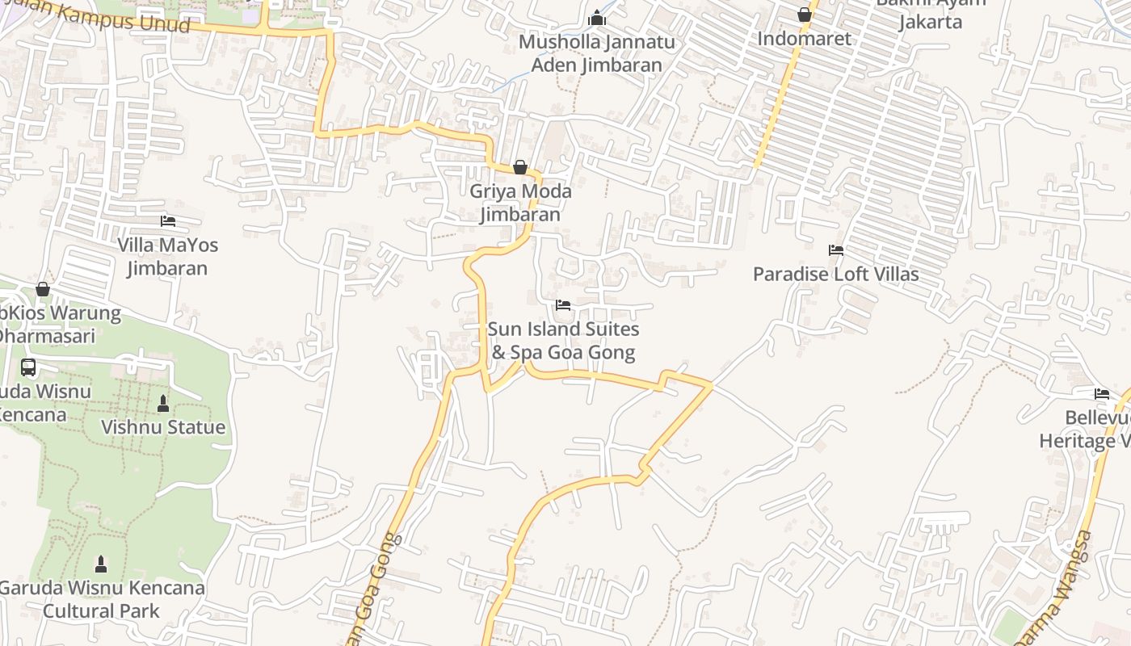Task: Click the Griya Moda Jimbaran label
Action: tap(520, 203)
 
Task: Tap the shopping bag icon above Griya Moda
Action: tap(520, 167)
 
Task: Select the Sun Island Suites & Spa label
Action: tap(563, 341)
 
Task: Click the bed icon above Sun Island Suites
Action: tap(563, 305)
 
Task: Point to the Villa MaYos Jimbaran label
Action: tap(168, 256)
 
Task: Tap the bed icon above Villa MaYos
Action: tap(168, 220)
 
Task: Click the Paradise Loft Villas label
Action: tap(835, 275)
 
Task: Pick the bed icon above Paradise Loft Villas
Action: tap(835, 250)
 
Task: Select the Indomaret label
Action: tap(804, 38)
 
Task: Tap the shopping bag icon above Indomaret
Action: tap(804, 15)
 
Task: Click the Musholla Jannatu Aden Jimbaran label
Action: tap(597, 53)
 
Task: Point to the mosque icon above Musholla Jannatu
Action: tap(597, 17)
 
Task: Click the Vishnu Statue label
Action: tap(163, 427)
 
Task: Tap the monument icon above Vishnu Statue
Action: tap(163, 403)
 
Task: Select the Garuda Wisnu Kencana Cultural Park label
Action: tap(102, 599)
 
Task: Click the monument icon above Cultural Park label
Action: tap(101, 563)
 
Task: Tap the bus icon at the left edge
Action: tap(28, 367)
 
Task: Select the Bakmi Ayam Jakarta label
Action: tap(931, 13)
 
